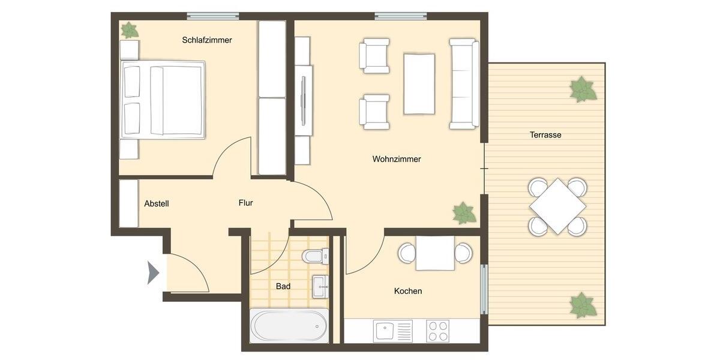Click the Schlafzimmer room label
click(207, 40)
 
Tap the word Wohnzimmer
click(397, 159)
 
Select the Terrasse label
click(545, 135)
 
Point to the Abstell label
click(157, 203)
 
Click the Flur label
click(245, 203)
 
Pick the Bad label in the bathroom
click(283, 286)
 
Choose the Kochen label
click(408, 291)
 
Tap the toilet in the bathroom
click(316, 256)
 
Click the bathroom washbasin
click(321, 286)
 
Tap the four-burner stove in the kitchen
click(437, 331)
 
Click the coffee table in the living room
click(419, 83)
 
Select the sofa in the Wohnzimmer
click(464, 83)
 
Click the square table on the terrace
click(557, 206)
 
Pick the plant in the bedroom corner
click(129, 30)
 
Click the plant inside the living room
click(464, 213)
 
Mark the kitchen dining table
click(435, 253)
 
